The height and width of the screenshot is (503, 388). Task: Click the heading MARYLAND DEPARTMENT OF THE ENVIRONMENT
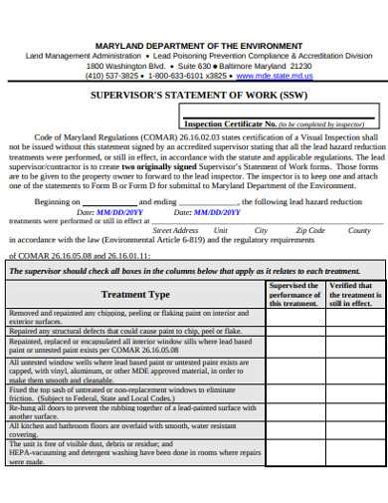199,46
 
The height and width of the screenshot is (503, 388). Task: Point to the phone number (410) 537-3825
111,75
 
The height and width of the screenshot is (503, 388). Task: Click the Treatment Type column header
135,295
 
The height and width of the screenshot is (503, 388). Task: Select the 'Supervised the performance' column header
294,295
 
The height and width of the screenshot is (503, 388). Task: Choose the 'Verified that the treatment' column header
350,295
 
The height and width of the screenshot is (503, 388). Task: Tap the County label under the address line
359,230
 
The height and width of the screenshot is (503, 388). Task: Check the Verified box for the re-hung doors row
350,410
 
